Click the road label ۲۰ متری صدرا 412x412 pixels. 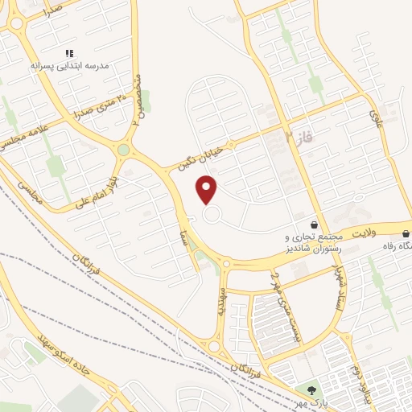(100, 105)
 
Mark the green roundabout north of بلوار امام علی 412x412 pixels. (123, 150)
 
